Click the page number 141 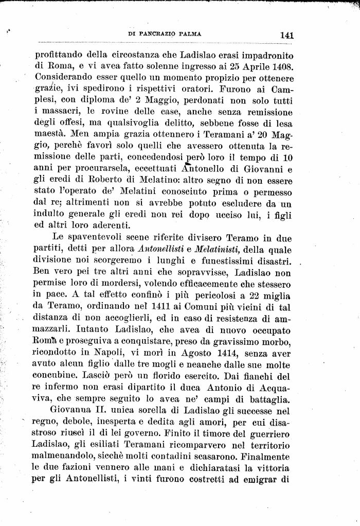(286, 35)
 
